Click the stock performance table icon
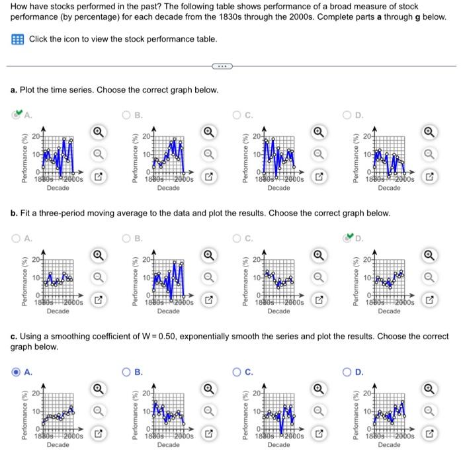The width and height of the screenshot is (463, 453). point(18,40)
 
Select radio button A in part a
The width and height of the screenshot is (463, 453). point(16,114)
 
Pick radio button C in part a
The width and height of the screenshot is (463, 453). point(237,114)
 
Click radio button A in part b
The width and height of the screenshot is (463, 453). point(16,239)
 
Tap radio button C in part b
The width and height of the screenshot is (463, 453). point(237,239)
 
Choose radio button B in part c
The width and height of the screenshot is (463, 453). point(127,372)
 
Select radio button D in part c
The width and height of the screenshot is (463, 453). point(348,372)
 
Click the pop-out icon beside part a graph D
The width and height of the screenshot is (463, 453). point(429,178)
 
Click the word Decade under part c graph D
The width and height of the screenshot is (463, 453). point(389,444)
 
